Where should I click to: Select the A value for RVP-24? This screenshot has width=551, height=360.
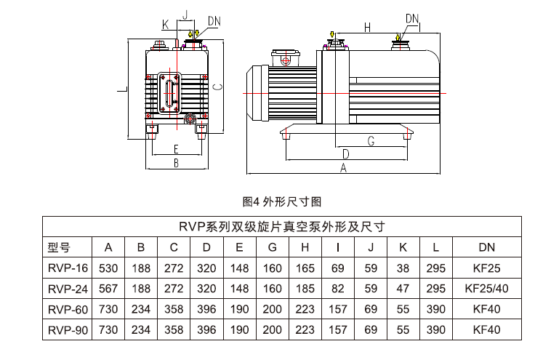108,288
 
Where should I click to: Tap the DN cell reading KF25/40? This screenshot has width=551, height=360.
486,288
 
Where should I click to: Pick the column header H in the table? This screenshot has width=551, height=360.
306,246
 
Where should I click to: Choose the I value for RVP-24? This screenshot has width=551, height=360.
339,288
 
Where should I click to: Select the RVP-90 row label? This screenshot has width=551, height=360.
66,329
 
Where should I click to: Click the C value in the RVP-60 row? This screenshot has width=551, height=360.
174,309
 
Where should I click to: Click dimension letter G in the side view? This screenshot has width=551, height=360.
370,141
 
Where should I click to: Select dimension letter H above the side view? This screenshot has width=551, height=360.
367,28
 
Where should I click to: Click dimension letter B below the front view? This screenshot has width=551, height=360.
176,164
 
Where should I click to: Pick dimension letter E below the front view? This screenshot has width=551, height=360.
176,149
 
